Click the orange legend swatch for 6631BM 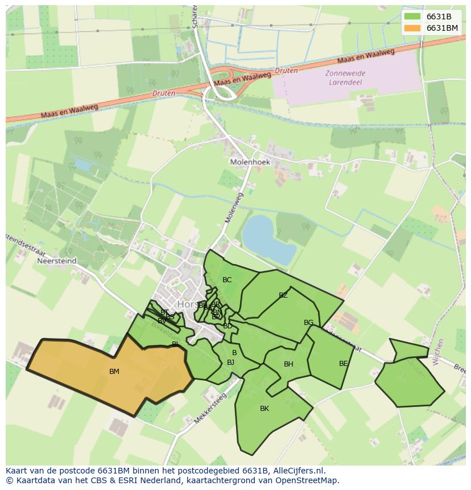click(x=412, y=28)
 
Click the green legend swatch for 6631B click(x=412, y=17)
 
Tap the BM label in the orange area click(x=114, y=372)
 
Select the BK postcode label click(x=265, y=409)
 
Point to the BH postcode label click(x=288, y=364)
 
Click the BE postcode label click(x=343, y=364)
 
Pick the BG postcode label click(x=308, y=323)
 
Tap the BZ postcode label click(x=283, y=295)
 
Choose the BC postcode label click(x=227, y=280)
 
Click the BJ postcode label click(x=230, y=362)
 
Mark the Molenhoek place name click(x=250, y=162)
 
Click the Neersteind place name click(x=56, y=262)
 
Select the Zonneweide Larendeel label click(x=345, y=77)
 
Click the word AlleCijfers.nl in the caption click(x=296, y=471)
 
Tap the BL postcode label click(x=176, y=344)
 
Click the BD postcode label click(x=228, y=326)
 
